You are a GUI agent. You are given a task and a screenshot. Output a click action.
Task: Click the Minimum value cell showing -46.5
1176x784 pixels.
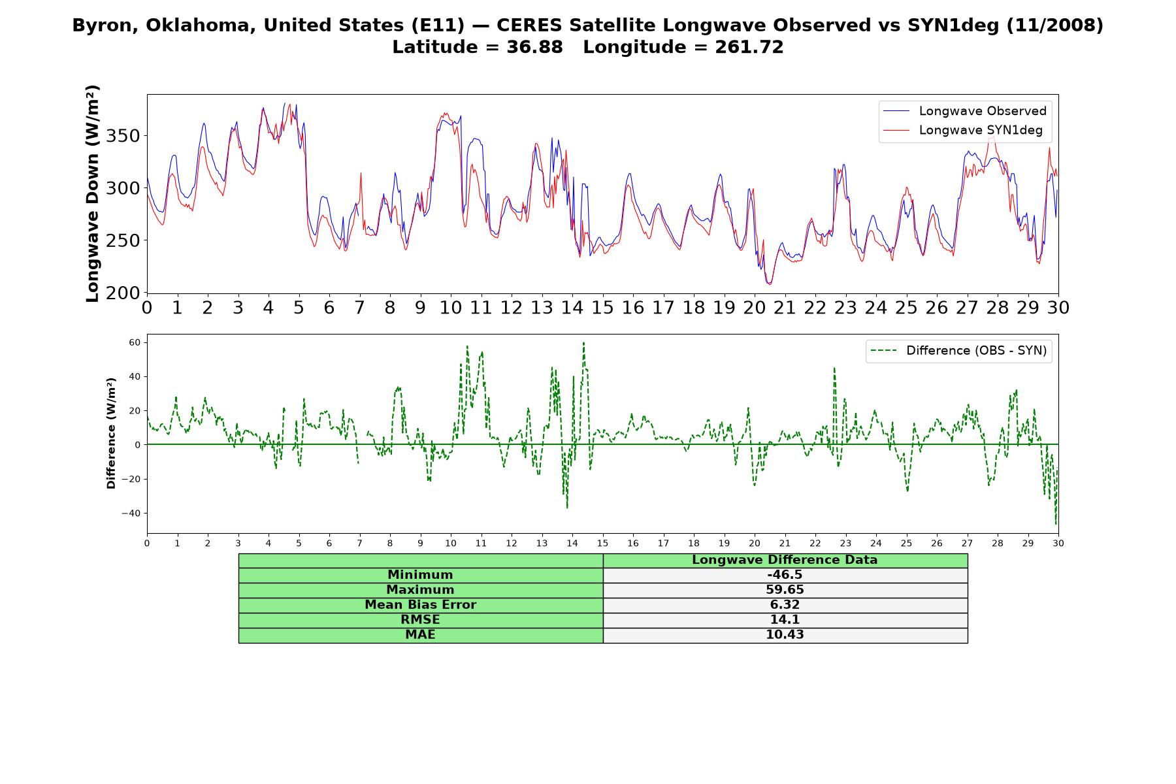(785, 575)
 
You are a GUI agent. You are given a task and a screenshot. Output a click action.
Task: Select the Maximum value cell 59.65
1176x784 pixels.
(785, 590)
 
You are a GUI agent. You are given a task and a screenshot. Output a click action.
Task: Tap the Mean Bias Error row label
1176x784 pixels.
(420, 605)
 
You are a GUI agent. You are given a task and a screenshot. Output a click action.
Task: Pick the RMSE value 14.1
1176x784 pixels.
(785, 620)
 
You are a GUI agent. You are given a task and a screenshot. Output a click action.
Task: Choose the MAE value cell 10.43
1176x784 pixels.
(785, 635)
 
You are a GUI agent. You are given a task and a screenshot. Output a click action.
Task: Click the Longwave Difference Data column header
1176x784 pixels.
(785, 560)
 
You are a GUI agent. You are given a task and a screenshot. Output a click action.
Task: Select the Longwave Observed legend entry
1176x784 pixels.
(964, 111)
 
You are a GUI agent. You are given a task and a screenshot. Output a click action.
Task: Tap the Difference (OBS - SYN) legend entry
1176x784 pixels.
(958, 351)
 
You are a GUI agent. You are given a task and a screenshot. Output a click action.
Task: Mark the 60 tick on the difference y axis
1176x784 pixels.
(135, 342)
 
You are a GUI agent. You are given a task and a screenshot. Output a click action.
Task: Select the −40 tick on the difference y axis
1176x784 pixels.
(131, 513)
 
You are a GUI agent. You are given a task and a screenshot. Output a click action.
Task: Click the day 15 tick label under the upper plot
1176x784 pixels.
(602, 308)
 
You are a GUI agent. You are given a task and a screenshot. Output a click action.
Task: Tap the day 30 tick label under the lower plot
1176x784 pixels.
(1058, 543)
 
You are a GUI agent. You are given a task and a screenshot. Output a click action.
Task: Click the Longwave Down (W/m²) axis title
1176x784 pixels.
(93, 193)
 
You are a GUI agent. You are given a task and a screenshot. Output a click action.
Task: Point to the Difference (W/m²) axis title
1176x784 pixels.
(111, 433)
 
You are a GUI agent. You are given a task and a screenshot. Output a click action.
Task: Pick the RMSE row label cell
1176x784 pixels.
(420, 620)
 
